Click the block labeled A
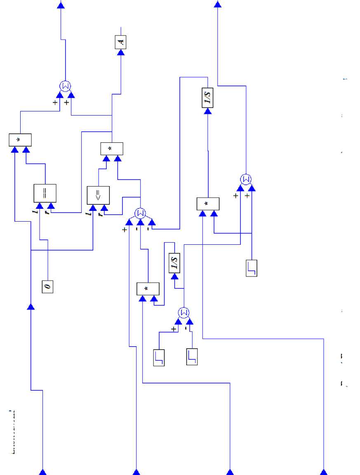pos(120,42)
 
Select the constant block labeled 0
pos(47,286)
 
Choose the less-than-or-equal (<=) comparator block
pos(98,196)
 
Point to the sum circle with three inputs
pos(140,213)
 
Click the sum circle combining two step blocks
pos(184,312)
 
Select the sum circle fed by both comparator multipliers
pos(65,86)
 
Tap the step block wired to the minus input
pos(192,357)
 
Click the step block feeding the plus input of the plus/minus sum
pos(159,357)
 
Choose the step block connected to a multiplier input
pos(251,268)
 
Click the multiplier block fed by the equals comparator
pos(20,140)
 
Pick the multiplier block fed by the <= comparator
pos(112,149)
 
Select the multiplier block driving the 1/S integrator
pos(208,204)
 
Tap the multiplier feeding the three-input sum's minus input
pos(148,289)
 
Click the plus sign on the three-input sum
pos(125,229)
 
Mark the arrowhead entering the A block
pos(121,52)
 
